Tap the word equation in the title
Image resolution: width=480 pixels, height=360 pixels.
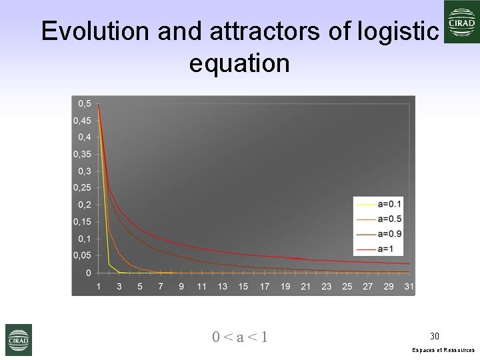coord(239,63)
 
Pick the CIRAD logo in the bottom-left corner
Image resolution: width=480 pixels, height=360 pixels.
coord(19,339)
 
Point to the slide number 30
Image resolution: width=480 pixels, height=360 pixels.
coord(435,335)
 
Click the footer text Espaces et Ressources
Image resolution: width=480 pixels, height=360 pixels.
coord(444,350)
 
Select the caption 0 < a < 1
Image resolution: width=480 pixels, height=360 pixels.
coord(240,337)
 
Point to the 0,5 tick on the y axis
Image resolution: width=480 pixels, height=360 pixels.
coord(85,103)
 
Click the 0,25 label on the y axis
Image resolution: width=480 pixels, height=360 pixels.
coord(83,188)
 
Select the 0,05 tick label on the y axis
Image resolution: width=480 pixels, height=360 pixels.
coord(83,256)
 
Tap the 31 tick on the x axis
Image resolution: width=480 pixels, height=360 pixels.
coord(409,287)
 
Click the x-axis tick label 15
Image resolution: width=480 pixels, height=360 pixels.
coord(243,287)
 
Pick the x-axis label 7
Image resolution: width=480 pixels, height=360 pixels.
coord(160,287)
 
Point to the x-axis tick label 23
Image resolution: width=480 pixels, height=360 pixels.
coord(326,287)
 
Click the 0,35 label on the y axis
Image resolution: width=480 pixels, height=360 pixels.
coord(83,154)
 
